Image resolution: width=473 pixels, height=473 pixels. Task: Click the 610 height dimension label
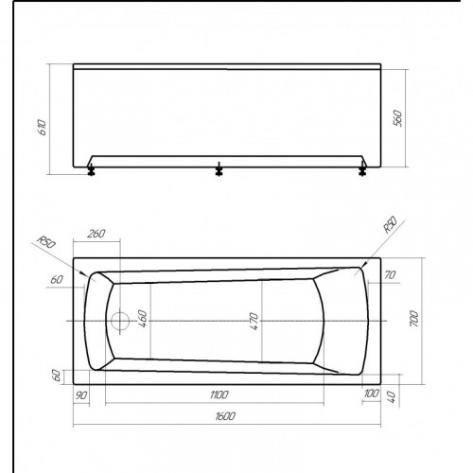43,128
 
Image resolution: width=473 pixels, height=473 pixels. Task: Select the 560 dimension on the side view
398,118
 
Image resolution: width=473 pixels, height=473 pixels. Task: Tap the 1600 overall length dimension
225,416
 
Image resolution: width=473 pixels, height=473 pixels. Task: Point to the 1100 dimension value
219,394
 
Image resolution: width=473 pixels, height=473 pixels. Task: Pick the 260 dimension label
96,234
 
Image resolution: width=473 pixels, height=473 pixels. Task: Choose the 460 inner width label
143,319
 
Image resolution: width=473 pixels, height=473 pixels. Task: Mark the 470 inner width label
254,321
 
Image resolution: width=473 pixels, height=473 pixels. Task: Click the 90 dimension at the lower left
81,395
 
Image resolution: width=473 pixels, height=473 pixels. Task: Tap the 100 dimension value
371,394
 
